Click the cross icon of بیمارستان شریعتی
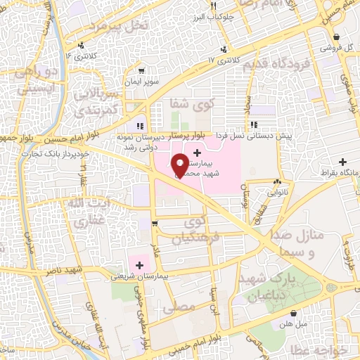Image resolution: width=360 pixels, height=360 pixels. click(139, 265)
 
